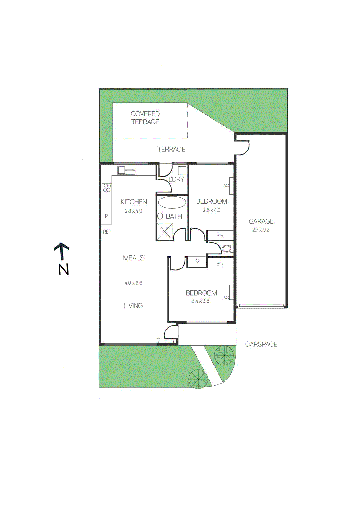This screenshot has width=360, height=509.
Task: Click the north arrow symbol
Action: click(62, 251)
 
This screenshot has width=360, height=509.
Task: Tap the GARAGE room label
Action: click(261, 221)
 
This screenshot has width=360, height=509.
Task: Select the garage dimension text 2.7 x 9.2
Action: click(260, 230)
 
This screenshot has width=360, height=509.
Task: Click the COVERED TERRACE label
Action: click(145, 118)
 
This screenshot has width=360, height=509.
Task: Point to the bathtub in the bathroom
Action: click(172, 202)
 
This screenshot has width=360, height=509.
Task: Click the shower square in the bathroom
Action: click(165, 231)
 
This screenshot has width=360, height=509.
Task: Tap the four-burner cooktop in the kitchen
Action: click(107, 188)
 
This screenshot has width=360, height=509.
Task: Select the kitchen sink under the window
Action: click(126, 170)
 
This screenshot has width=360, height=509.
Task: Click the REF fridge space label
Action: click(107, 232)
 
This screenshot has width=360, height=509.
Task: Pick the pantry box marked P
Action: click(106, 216)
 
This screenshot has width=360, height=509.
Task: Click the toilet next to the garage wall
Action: click(227, 248)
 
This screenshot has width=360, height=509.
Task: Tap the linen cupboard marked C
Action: click(197, 261)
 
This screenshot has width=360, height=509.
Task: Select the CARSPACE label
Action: click(261, 344)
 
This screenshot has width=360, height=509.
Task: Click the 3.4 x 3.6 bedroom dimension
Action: click(200, 301)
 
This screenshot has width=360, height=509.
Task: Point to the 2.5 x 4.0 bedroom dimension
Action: click(211, 210)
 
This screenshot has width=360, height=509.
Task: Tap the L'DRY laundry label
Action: click(176, 179)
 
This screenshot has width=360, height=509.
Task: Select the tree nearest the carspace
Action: click(224, 355)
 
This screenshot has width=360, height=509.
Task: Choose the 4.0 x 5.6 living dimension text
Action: click(133, 283)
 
